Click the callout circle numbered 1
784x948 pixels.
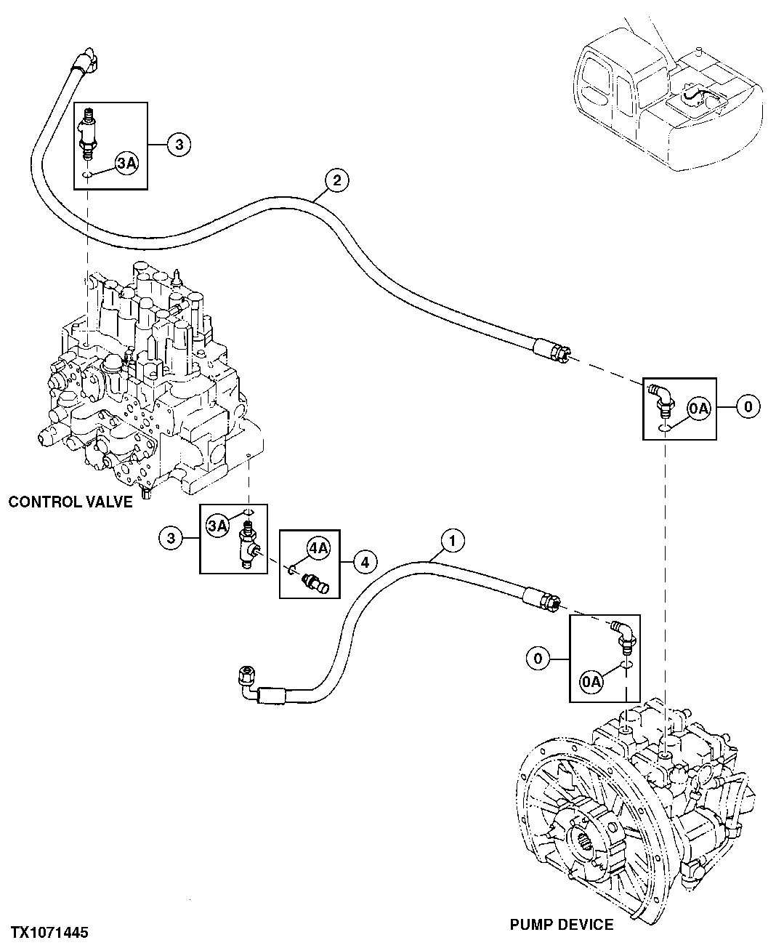(453, 540)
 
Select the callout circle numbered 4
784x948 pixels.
(365, 561)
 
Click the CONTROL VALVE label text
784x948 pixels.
(70, 502)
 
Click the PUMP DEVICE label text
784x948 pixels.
(561, 925)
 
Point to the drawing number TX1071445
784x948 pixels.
(49, 932)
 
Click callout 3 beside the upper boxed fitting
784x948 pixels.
(179, 145)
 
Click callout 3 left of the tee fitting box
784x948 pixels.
(171, 539)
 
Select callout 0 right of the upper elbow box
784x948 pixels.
(748, 406)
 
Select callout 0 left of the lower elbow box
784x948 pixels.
(538, 659)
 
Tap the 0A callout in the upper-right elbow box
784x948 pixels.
(698, 410)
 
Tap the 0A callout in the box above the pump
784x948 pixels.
(592, 681)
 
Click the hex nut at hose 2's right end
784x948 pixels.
(559, 354)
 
